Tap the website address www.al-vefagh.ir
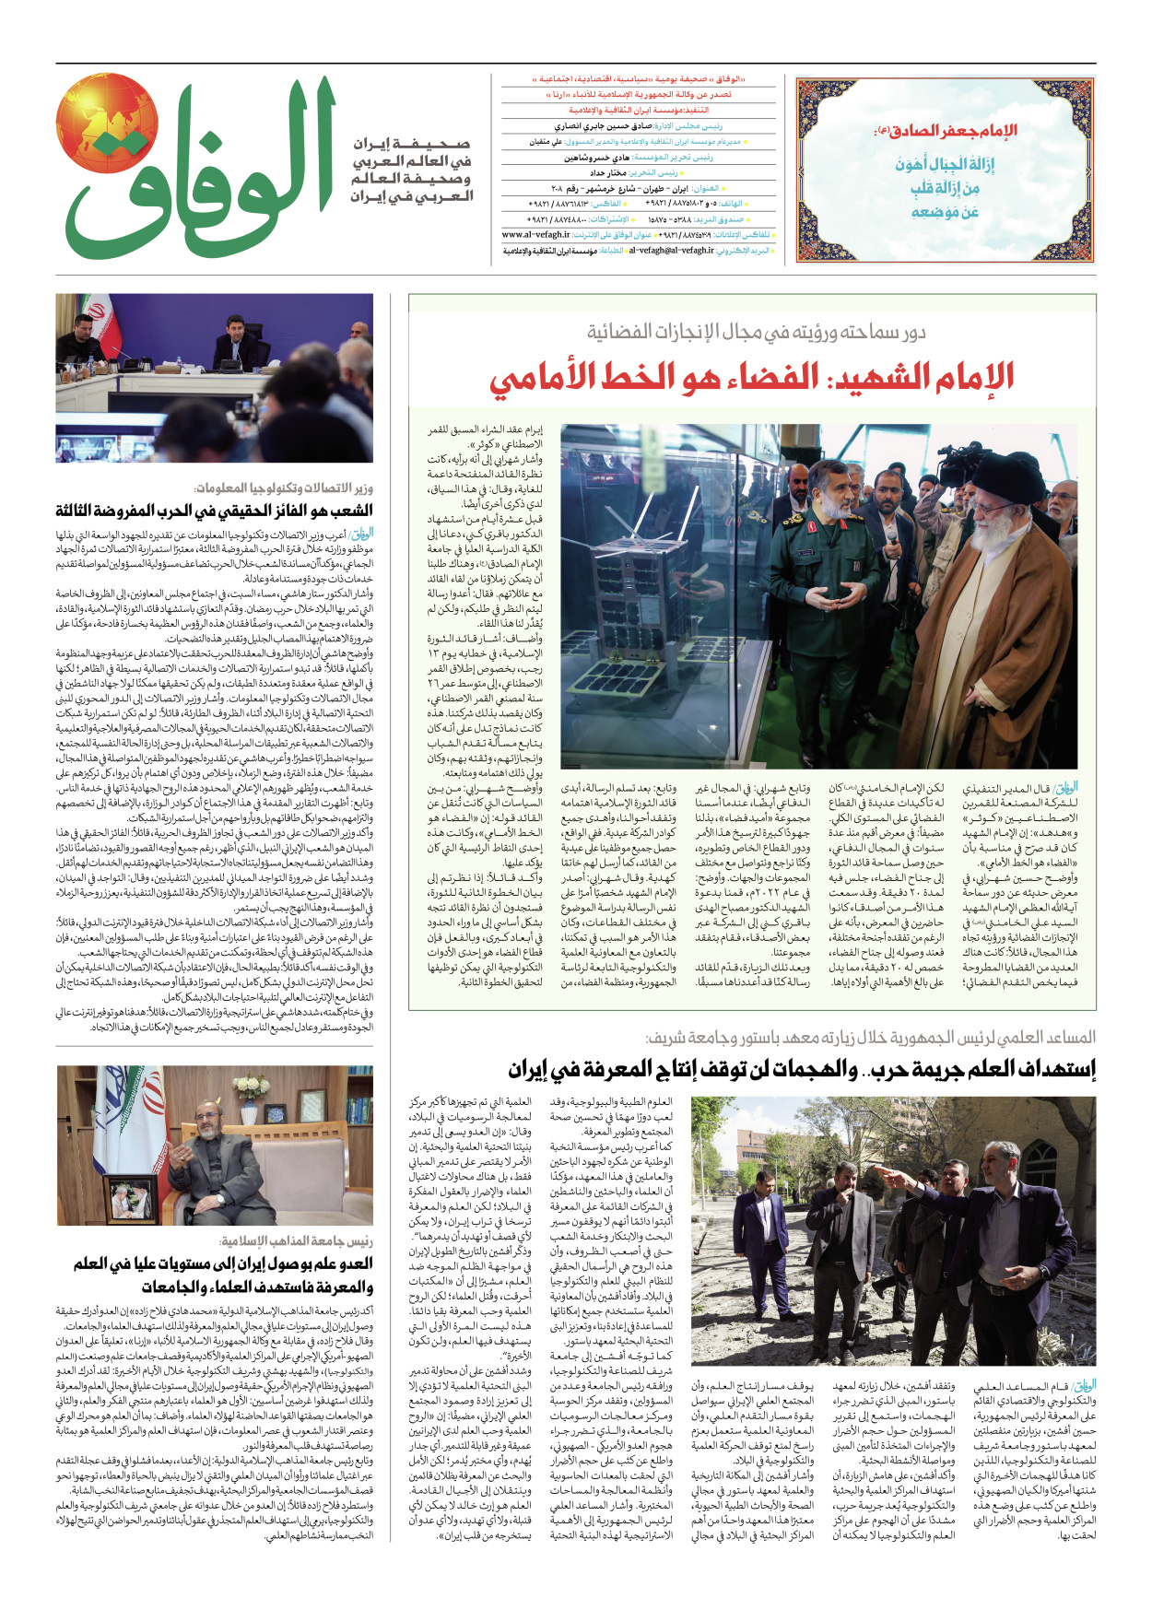pos(536,235)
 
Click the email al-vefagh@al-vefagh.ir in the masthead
pos(671,250)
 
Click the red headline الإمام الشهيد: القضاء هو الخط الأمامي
pos(751,376)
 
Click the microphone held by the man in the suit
pos(892,535)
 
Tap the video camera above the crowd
pos(958,461)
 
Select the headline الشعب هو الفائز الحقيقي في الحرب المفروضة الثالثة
pos(214,511)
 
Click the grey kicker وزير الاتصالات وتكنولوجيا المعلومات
pos(284,488)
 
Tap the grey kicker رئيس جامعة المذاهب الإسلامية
pos(297,1241)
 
